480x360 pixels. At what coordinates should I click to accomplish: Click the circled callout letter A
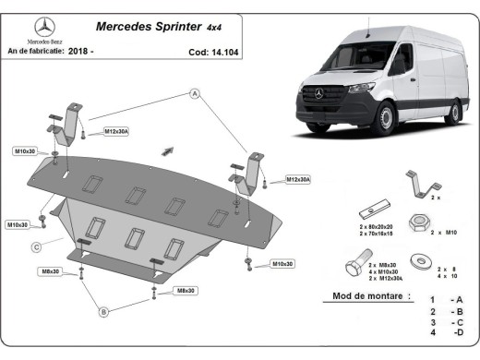click(x=195, y=93)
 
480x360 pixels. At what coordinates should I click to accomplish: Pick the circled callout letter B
click(x=103, y=312)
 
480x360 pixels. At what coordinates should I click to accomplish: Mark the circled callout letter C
click(x=35, y=246)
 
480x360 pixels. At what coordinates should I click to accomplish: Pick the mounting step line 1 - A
click(x=444, y=300)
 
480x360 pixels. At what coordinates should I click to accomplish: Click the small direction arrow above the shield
click(x=167, y=150)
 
